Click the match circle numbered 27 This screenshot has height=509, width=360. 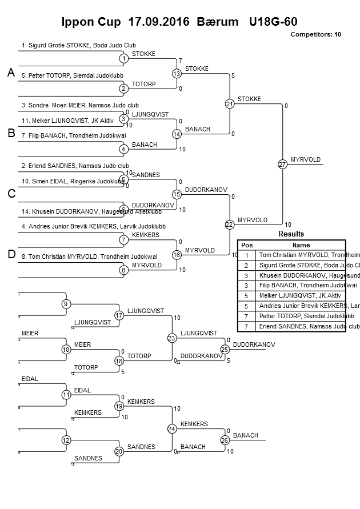tap(282, 164)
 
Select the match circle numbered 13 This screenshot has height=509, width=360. tap(177, 74)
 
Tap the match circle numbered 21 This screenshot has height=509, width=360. tap(230, 104)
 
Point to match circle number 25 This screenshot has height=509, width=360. tap(225, 349)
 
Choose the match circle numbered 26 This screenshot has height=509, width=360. tap(225, 440)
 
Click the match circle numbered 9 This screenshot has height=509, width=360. tap(66, 304)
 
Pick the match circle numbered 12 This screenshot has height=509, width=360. tap(66, 440)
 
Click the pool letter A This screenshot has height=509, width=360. tap(11, 73)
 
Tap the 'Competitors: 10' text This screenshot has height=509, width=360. tap(315, 34)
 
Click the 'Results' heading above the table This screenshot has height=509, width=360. tap(291, 234)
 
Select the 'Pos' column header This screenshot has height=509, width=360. tap(247, 245)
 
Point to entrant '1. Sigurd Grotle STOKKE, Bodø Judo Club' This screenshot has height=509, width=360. tap(78, 45)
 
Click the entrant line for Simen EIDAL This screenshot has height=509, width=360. tap(73, 181)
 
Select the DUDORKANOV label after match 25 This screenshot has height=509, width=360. tap(254, 344)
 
